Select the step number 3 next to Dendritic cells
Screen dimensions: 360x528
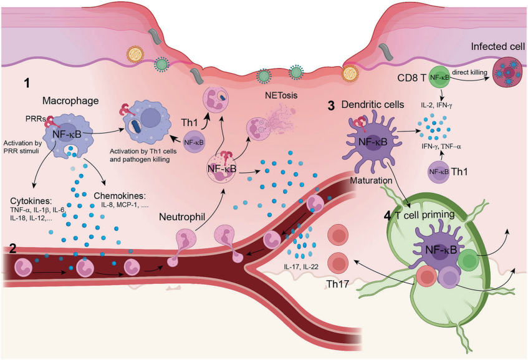click(x=332, y=106)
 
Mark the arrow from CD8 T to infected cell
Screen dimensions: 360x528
click(x=472, y=80)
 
